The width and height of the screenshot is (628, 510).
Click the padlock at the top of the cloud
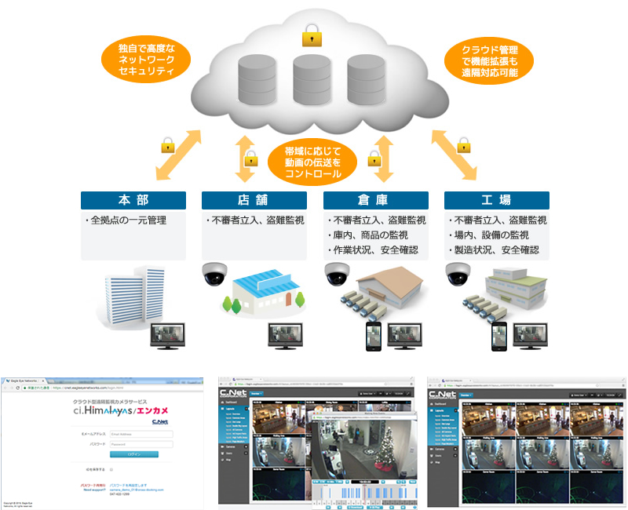[312, 34]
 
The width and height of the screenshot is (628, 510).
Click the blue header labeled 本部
[133, 200]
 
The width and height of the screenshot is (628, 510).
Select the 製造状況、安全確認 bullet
[495, 250]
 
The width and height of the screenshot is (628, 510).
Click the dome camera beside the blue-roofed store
[213, 274]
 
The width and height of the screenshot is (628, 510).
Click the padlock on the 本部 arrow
[167, 144]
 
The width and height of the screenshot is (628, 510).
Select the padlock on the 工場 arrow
[463, 144]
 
